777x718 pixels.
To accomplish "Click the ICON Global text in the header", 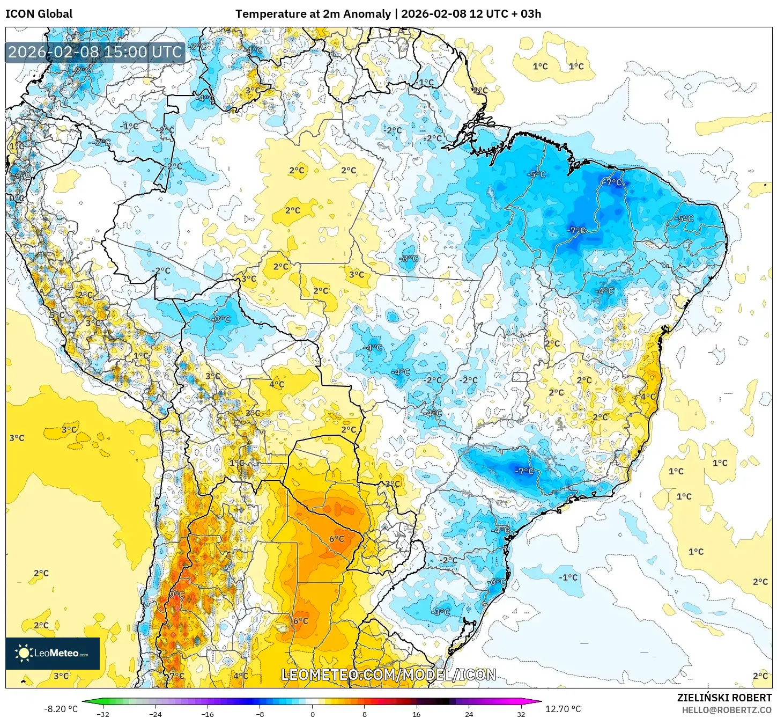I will click(39, 14).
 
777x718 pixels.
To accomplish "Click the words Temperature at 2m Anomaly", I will click(313, 14).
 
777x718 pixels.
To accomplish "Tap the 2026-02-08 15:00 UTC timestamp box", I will click(95, 52).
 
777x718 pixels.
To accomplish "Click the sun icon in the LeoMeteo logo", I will click(24, 653).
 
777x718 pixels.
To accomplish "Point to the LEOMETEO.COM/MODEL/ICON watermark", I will click(389, 675).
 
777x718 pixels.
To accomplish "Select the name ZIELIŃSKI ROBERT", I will click(724, 698).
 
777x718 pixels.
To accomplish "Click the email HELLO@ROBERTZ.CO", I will click(726, 710).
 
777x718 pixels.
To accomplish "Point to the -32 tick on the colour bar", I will click(103, 714).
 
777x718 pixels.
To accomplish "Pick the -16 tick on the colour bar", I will click(208, 714).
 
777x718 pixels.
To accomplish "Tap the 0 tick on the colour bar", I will click(313, 714).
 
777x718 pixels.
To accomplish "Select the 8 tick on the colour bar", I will click(365, 714).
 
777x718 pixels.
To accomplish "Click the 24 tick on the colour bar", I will click(469, 714).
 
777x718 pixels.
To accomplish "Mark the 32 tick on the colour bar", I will click(521, 714).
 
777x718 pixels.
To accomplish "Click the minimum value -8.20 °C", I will click(61, 709).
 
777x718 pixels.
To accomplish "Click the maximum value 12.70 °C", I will click(563, 709).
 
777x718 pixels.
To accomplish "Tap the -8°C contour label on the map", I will click(441, 612).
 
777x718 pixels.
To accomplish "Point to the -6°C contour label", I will click(497, 582).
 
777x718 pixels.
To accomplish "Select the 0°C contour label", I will click(16, 198).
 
